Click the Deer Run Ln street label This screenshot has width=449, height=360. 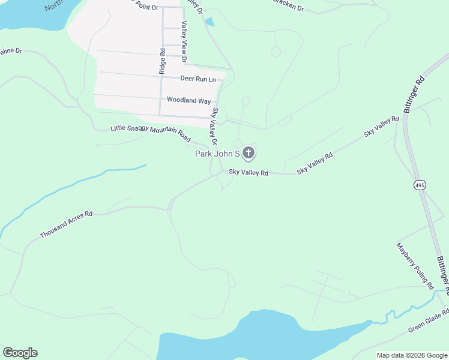point(197,79)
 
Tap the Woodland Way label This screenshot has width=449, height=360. point(188,100)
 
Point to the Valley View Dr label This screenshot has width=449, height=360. point(184,42)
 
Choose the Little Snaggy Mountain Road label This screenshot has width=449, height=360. point(151,134)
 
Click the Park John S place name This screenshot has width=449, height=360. point(217,154)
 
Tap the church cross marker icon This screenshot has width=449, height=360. point(249,154)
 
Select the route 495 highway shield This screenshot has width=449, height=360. point(420,185)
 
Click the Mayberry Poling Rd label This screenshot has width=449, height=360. point(415,266)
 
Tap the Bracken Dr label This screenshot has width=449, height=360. point(288,5)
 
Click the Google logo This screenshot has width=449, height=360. point(20,353)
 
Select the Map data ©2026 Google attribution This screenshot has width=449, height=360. point(412,355)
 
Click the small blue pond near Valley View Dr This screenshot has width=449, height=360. point(209,22)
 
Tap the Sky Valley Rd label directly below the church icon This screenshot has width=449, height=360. point(248,173)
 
